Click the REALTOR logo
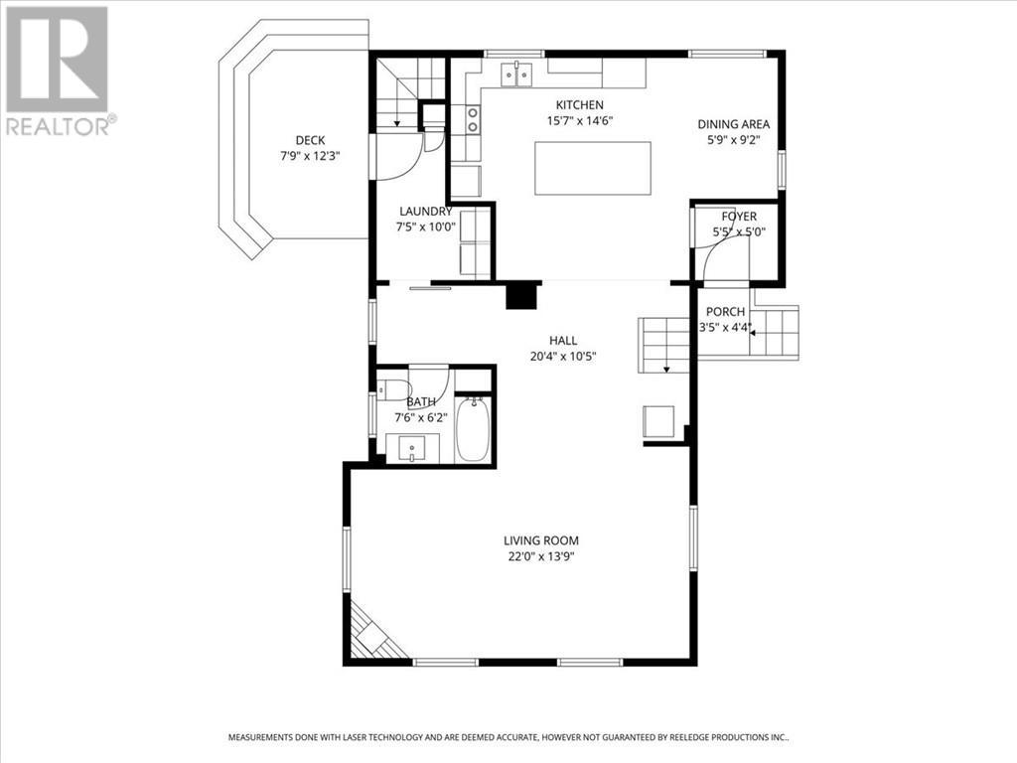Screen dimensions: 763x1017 pos(58,71)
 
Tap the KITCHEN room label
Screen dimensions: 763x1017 pos(579,105)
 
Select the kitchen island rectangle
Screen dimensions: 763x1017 pos(593,168)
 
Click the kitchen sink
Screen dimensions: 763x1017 pos(516,74)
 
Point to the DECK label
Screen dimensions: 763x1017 pos(310,140)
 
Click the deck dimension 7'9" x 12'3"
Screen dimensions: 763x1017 pos(310,156)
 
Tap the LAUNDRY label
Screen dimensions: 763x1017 pos(425,211)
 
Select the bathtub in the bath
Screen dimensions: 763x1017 pos(473,430)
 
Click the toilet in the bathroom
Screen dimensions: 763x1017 pos(394,388)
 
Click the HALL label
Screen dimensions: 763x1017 pos(563,341)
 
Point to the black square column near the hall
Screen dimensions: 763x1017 pos(520,296)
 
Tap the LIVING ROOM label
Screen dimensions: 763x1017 pos(540,540)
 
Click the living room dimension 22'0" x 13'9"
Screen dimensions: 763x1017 pos(540,556)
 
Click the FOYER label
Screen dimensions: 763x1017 pos(739,217)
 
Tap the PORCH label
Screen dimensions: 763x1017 pos(725,312)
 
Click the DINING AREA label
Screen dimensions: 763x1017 pos(734,124)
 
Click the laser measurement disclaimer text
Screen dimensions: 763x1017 pos(508,737)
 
